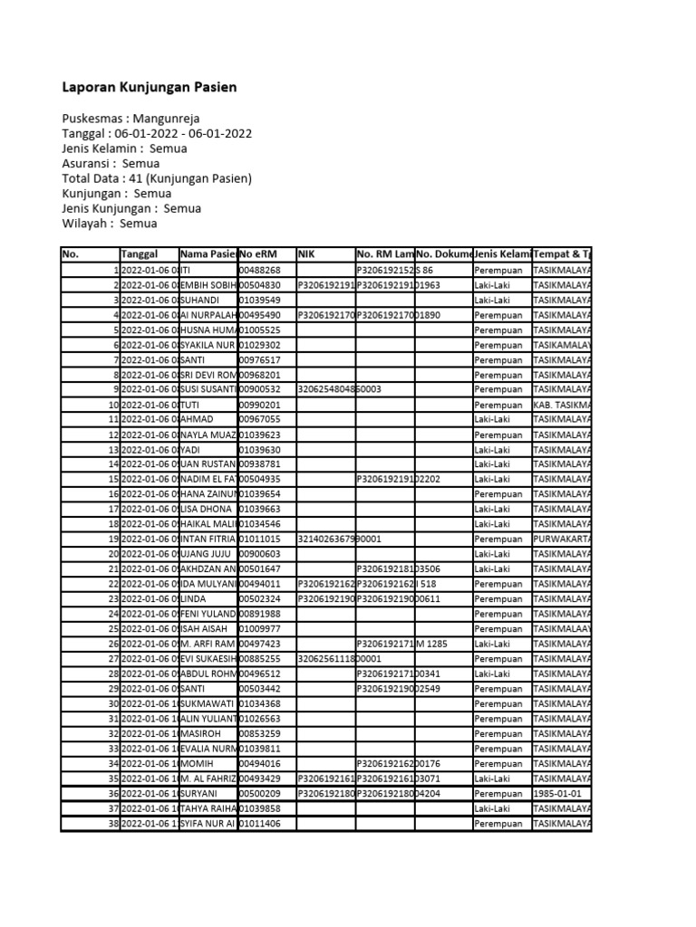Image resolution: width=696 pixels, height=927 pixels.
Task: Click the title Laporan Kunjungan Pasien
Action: pos(150,88)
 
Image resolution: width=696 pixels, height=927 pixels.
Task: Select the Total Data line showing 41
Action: pos(157,178)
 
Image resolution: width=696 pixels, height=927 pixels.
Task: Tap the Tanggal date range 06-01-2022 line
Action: pos(157,134)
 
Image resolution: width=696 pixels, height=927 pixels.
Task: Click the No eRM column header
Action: pos(259,254)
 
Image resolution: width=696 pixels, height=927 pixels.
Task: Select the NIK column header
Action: pos(305,254)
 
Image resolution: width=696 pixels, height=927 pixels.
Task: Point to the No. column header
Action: pos(72,254)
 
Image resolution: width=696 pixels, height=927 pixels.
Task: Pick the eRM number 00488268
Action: pos(260,270)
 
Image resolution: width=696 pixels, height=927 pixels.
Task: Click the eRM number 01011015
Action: pos(260,539)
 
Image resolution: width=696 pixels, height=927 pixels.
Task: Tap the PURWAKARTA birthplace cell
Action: pos(562,539)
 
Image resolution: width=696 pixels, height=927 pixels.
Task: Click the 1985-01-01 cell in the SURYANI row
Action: pos(562,793)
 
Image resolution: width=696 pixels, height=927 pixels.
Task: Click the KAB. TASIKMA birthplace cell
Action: pos(562,405)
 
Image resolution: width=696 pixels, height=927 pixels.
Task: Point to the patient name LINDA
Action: pos(196,598)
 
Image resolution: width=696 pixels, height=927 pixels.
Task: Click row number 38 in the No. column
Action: pos(113,823)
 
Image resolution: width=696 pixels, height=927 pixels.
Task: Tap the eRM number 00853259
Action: pos(260,733)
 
